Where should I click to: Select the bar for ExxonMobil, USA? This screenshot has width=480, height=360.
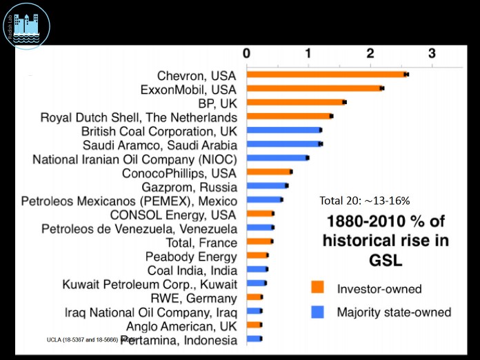coord(314,88)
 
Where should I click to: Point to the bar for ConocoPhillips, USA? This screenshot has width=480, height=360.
coord(269,172)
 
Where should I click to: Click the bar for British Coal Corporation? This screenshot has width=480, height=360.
coord(283,130)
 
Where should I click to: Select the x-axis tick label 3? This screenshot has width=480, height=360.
coord(432,53)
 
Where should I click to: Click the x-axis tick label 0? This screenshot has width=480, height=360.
coord(246,53)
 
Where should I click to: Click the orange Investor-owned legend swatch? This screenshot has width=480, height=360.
coord(317,288)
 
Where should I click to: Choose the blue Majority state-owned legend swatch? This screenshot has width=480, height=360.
coord(317,312)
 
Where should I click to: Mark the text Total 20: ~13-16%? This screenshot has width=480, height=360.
coord(365,201)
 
